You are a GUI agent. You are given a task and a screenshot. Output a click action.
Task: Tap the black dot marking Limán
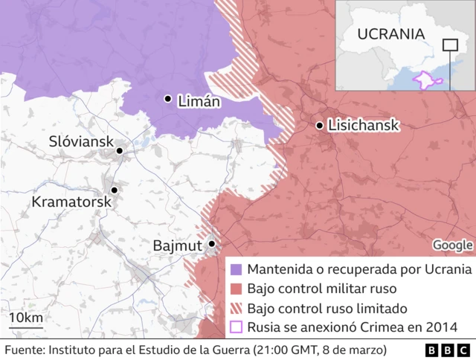(168, 98)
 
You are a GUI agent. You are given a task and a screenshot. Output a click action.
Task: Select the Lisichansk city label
(364, 126)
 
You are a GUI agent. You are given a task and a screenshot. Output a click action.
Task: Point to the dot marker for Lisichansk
(320, 126)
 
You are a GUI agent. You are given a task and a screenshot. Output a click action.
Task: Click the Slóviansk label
(80, 141)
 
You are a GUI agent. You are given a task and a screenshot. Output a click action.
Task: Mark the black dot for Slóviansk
(119, 151)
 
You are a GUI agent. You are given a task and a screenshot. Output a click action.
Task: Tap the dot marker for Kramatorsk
(114, 190)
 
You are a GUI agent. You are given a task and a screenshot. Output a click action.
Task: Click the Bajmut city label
(177, 245)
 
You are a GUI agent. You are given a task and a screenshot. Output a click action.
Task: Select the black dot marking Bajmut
(212, 243)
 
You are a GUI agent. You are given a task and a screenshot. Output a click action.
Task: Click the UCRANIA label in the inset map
(390, 34)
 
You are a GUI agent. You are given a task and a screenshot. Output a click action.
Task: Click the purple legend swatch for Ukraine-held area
(237, 269)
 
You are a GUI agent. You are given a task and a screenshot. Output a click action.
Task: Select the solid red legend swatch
(237, 288)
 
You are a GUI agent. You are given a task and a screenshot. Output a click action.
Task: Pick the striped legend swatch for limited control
(237, 308)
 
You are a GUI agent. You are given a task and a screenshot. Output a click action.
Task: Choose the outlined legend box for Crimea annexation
(237, 327)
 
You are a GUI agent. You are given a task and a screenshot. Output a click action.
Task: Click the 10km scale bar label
(26, 318)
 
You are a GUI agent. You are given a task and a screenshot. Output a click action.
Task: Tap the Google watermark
(453, 245)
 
